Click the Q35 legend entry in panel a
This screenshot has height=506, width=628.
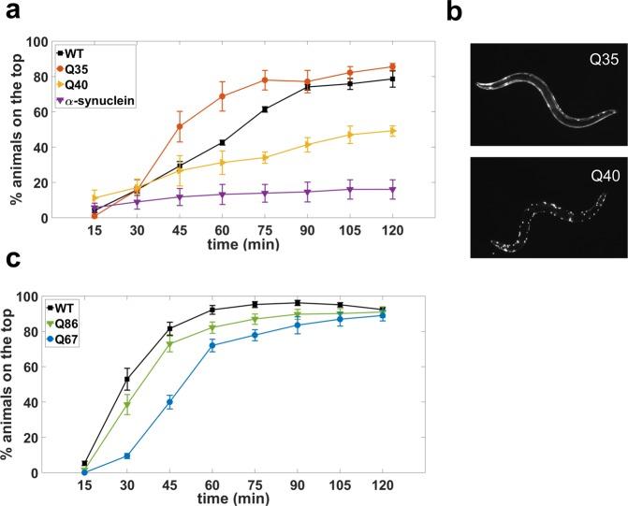[x=80, y=66]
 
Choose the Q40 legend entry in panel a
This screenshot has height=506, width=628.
[x=80, y=81]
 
